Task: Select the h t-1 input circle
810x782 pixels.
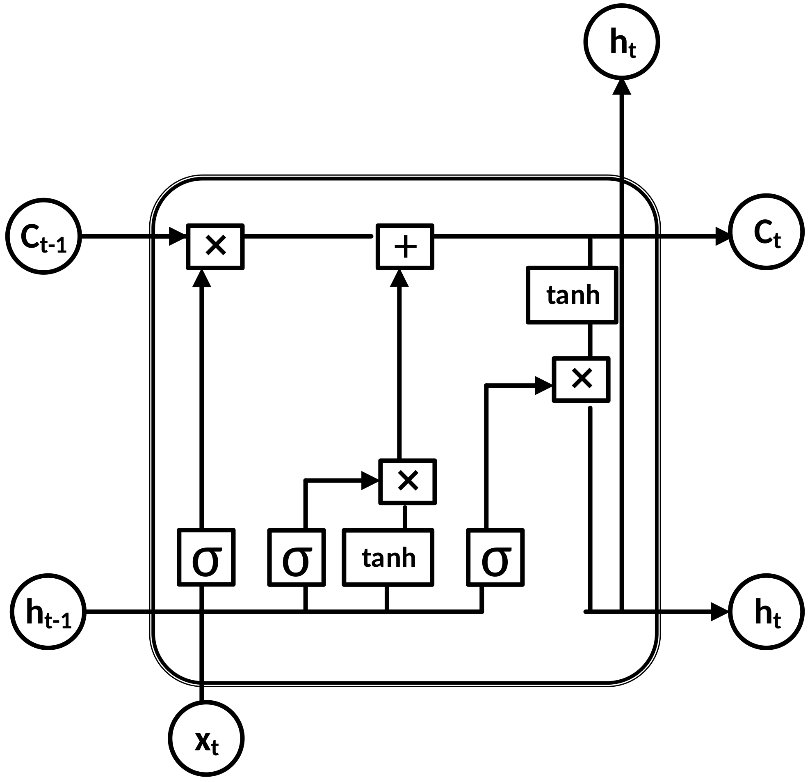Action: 48,612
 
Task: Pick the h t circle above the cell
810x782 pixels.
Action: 622,42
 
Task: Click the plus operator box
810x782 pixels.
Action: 404,246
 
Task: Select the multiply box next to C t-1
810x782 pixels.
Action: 215,246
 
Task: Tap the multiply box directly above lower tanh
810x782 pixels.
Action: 408,482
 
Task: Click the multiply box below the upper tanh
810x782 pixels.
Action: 581,379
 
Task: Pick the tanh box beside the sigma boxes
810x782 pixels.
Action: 388,557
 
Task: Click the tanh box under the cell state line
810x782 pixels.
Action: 572,295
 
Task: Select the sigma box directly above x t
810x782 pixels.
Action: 206,557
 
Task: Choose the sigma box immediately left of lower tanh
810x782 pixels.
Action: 296,557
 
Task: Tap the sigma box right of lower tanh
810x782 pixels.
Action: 495,557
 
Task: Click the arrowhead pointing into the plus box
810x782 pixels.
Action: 399,278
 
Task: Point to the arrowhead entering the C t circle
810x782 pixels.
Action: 722,236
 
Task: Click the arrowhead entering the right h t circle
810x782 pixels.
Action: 719,612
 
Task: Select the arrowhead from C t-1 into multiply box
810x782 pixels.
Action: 178,237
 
